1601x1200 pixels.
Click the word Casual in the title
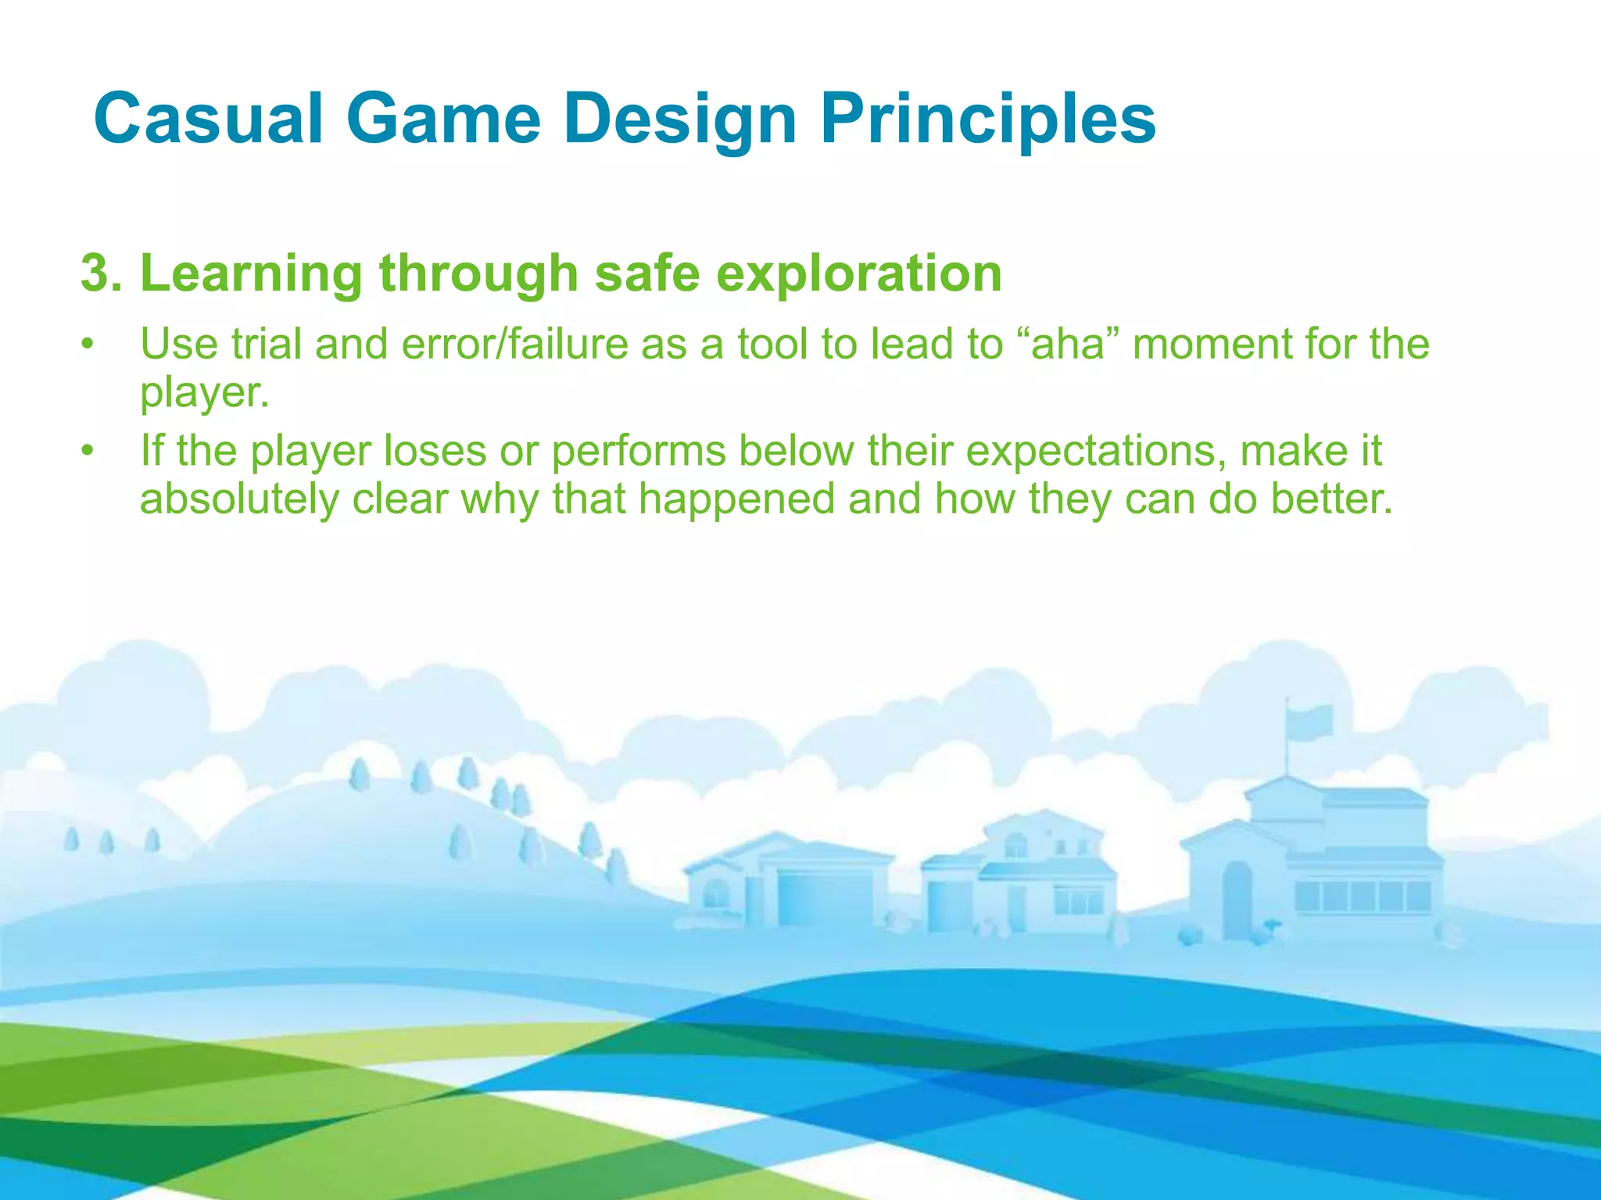[208, 119]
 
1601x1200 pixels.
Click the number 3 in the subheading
[95, 273]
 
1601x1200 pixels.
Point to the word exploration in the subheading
[859, 273]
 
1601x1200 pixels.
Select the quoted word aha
[1068, 344]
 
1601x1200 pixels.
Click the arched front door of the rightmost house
[1237, 898]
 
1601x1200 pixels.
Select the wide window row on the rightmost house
[1362, 895]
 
